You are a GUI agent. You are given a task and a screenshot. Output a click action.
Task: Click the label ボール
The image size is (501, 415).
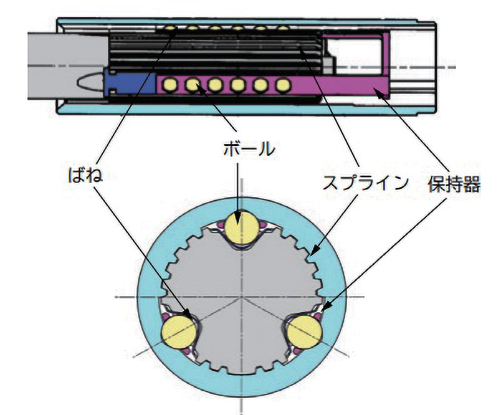click(x=247, y=149)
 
